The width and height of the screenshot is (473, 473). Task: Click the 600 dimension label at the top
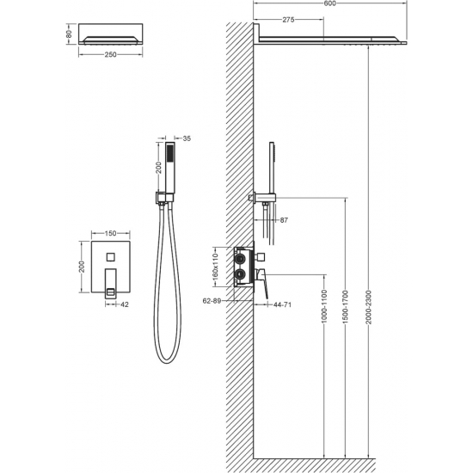(x=329, y=3)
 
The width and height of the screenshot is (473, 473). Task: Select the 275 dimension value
(x=288, y=20)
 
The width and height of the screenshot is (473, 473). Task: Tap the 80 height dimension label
(x=69, y=34)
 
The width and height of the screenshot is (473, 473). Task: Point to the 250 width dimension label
(x=110, y=54)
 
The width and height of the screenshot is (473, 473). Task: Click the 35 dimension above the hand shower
(x=187, y=138)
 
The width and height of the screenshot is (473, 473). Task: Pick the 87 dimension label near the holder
(x=284, y=220)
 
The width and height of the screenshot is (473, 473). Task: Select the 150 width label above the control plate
(x=110, y=233)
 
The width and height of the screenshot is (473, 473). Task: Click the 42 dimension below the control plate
(x=125, y=304)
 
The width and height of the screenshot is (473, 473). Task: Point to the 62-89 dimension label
(x=212, y=301)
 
